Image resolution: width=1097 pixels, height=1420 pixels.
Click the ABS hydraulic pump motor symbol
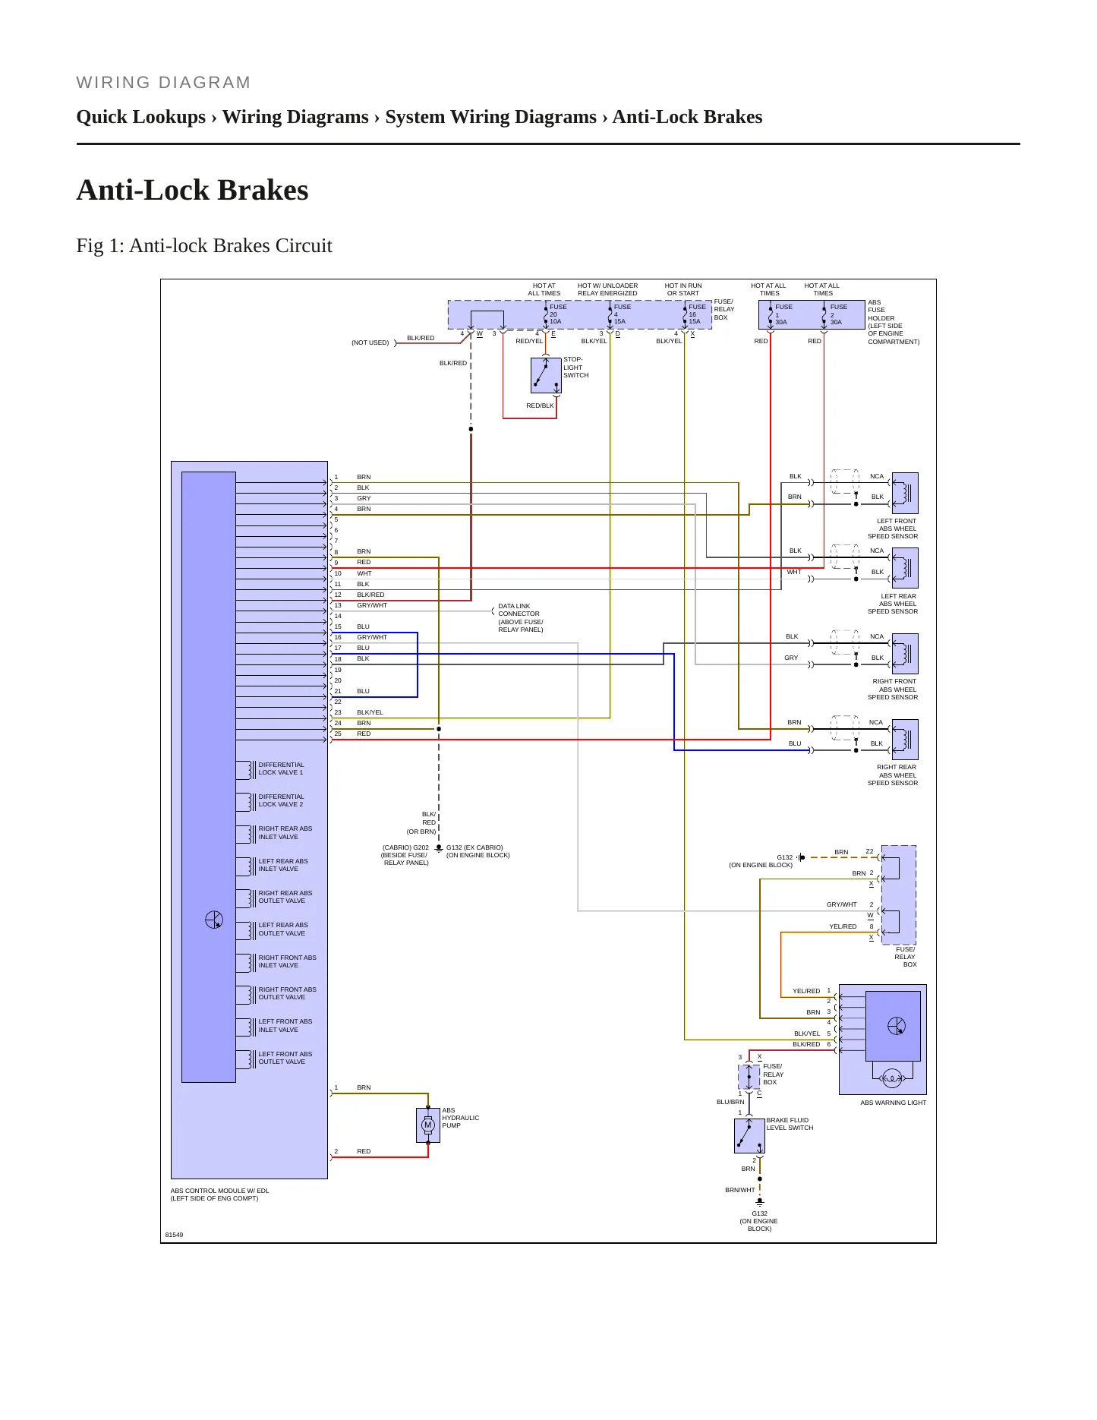click(x=428, y=1125)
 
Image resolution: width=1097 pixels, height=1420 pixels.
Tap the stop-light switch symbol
click(x=546, y=375)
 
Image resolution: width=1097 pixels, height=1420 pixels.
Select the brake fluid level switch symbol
click(x=749, y=1136)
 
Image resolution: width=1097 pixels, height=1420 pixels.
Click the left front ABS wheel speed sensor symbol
click(x=905, y=493)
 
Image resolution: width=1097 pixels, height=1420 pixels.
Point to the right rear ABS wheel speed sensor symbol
click(x=905, y=740)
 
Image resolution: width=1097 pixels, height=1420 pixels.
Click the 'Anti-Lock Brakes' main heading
click(x=192, y=190)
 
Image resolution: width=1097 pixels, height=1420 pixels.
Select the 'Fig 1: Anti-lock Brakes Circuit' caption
click(x=204, y=246)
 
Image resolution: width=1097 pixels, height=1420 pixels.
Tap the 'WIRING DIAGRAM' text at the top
click(x=163, y=83)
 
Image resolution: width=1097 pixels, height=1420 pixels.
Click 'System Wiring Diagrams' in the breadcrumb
click(x=490, y=117)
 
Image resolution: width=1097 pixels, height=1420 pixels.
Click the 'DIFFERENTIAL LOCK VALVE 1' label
click(x=281, y=768)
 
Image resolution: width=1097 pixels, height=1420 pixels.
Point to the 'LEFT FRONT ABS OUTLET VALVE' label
click(x=285, y=1058)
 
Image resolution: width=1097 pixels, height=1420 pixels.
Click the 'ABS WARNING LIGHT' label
click(x=893, y=1103)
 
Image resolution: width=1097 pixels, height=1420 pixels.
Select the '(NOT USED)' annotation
click(x=370, y=343)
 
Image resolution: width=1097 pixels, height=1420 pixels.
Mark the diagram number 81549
click(x=174, y=1235)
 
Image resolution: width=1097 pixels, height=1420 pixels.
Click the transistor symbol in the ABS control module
click(x=214, y=920)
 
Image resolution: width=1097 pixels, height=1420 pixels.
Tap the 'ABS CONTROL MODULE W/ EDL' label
click(x=219, y=1191)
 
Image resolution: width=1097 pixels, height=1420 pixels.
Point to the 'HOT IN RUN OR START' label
click(x=683, y=289)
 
